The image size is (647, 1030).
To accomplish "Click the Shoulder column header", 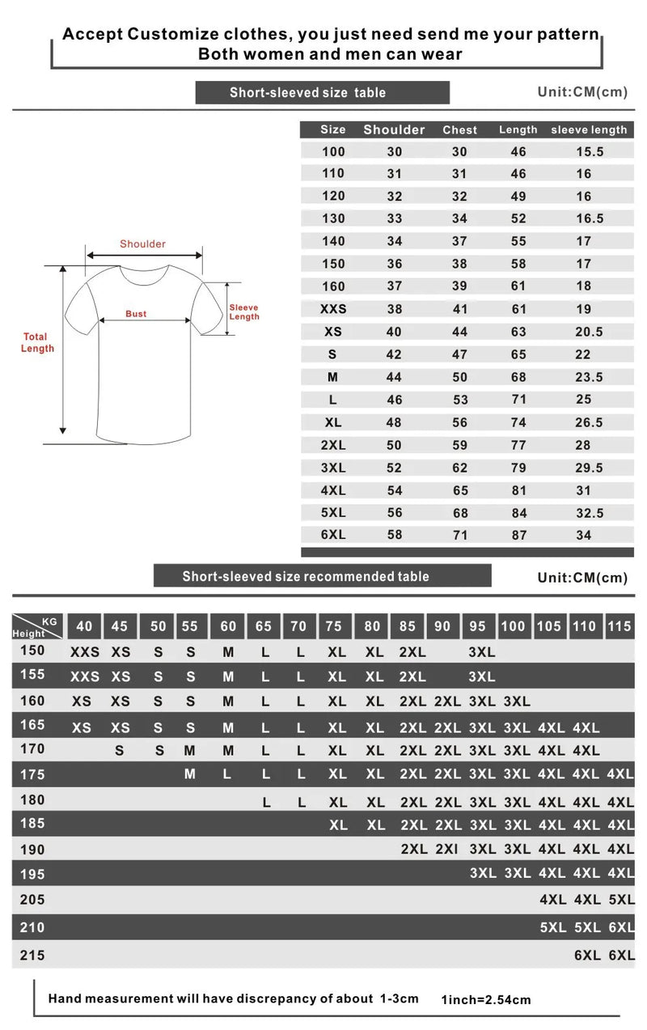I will coord(394,129).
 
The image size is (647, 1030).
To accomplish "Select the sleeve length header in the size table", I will coord(589,129).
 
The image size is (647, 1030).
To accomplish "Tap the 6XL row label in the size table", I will coord(332,535).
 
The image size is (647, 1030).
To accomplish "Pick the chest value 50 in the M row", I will coord(459,377).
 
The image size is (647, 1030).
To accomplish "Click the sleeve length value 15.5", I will coord(589,151).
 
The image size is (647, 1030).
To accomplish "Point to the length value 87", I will coord(518,535).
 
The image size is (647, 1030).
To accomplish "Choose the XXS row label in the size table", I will coord(332,309).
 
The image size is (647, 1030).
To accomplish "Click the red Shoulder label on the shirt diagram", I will coord(142,244).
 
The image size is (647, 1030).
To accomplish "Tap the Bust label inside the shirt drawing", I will coord(136,314).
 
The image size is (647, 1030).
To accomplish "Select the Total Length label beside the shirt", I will coord(37,342).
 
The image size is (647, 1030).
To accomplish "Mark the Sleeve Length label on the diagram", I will coord(244,312).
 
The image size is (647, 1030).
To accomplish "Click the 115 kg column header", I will coord(620,626).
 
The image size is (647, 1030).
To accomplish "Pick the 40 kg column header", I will coord(84,626).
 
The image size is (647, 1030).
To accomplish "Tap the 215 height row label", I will coord(32,956).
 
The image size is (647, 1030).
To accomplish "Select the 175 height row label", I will coord(32,774).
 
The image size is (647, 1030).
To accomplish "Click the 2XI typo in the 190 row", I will coord(447,850).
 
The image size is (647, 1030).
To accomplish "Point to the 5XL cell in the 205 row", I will coord(621,900).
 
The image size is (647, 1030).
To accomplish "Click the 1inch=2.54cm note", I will coord(486,1000).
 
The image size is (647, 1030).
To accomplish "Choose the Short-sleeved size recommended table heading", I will coord(306,576).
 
